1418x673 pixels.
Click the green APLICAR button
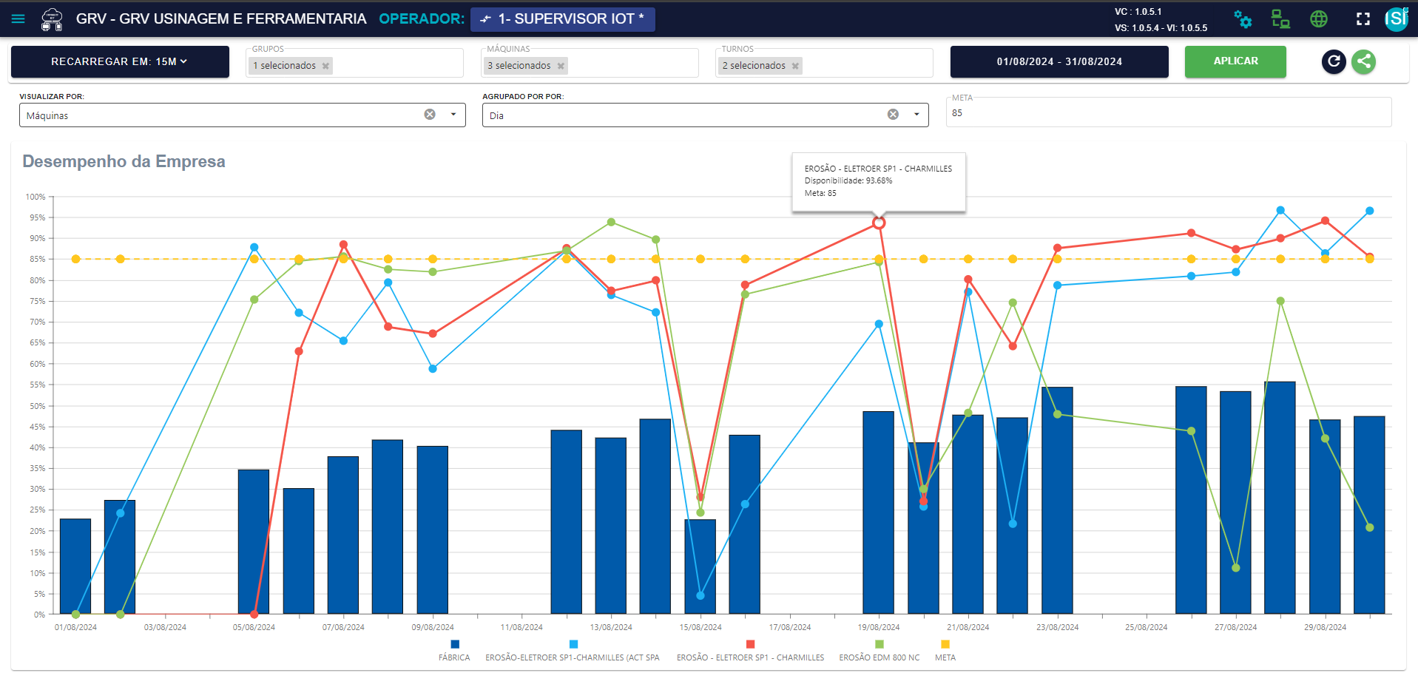pos(1235,61)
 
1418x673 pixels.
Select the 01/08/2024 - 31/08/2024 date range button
pos(1059,61)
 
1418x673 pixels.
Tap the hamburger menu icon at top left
pos(18,18)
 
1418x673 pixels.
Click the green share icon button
pos(1364,61)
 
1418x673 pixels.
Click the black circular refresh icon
pos(1334,61)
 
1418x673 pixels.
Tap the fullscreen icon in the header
pos(1363,19)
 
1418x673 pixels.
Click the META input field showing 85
pos(1169,113)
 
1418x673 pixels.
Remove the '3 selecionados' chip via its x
pos(561,66)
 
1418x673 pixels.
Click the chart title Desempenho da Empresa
pos(124,161)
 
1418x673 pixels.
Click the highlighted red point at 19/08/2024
pos(879,223)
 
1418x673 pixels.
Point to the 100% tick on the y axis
pos(36,197)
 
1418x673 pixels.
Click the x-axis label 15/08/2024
pos(700,627)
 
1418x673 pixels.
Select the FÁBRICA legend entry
pos(454,651)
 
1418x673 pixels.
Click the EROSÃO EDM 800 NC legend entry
pos(880,651)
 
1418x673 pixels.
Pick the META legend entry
pos(945,651)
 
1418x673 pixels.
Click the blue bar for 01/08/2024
pos(75,567)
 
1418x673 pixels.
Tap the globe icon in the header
pos(1319,19)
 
